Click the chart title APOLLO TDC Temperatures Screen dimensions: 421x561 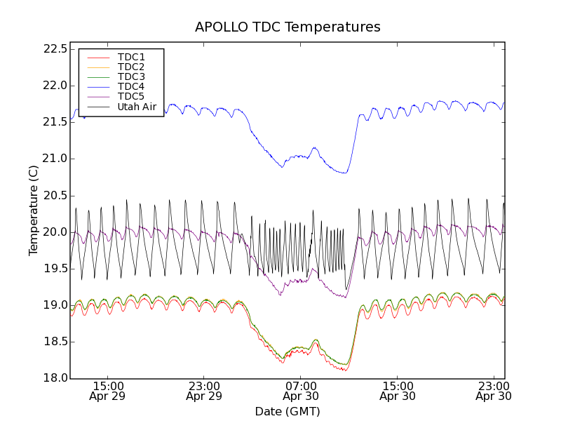point(288,27)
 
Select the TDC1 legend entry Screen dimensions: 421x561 point(131,57)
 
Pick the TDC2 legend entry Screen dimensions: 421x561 point(131,67)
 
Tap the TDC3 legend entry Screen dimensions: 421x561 point(131,76)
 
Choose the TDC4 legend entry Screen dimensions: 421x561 point(131,86)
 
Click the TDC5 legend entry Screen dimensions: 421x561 point(131,96)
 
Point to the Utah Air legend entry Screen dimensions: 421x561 point(137,107)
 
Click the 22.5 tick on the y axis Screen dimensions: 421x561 point(54,49)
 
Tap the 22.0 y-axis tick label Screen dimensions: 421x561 point(54,86)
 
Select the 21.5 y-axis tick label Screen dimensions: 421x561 point(54,122)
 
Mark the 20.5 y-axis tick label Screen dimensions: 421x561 point(54,195)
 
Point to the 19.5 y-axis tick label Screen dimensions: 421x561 point(54,269)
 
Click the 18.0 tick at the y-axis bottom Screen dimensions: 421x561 point(54,378)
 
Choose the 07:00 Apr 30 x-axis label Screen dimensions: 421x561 point(301,391)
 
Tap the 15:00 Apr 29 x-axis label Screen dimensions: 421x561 point(108,391)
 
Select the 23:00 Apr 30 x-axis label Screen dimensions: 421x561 point(494,391)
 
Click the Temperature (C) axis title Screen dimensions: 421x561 point(34,210)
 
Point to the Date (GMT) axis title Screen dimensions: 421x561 point(288,411)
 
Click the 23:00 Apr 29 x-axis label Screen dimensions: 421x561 point(204,391)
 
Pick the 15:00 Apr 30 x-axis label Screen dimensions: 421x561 point(398,391)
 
